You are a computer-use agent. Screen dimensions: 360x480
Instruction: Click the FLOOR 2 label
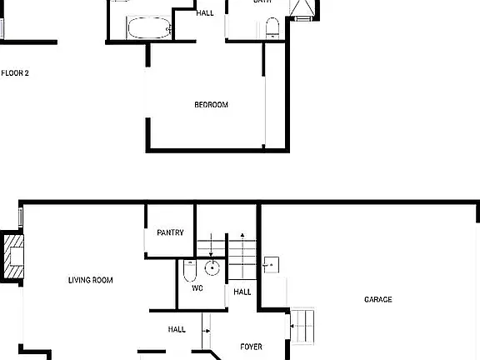[15, 73]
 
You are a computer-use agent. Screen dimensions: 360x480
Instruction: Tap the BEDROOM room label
[211, 105]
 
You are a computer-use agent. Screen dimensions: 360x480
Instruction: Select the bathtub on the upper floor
[149, 29]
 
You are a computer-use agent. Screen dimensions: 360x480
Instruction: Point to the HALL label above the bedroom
[204, 13]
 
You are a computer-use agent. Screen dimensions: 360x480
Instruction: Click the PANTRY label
[170, 232]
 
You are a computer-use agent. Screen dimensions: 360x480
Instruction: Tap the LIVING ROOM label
[90, 280]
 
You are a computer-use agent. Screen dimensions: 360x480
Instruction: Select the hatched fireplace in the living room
[14, 257]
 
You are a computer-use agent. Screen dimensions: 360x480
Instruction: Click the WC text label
[197, 288]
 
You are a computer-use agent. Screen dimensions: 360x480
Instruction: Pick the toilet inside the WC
[188, 270]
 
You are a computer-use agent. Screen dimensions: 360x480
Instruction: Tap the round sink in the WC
[212, 268]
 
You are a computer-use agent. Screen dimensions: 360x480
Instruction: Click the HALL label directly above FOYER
[242, 292]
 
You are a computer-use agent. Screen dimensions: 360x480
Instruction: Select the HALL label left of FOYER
[177, 330]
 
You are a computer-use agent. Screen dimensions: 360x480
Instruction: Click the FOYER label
[252, 347]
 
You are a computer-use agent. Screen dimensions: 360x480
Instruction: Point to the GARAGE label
[377, 299]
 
